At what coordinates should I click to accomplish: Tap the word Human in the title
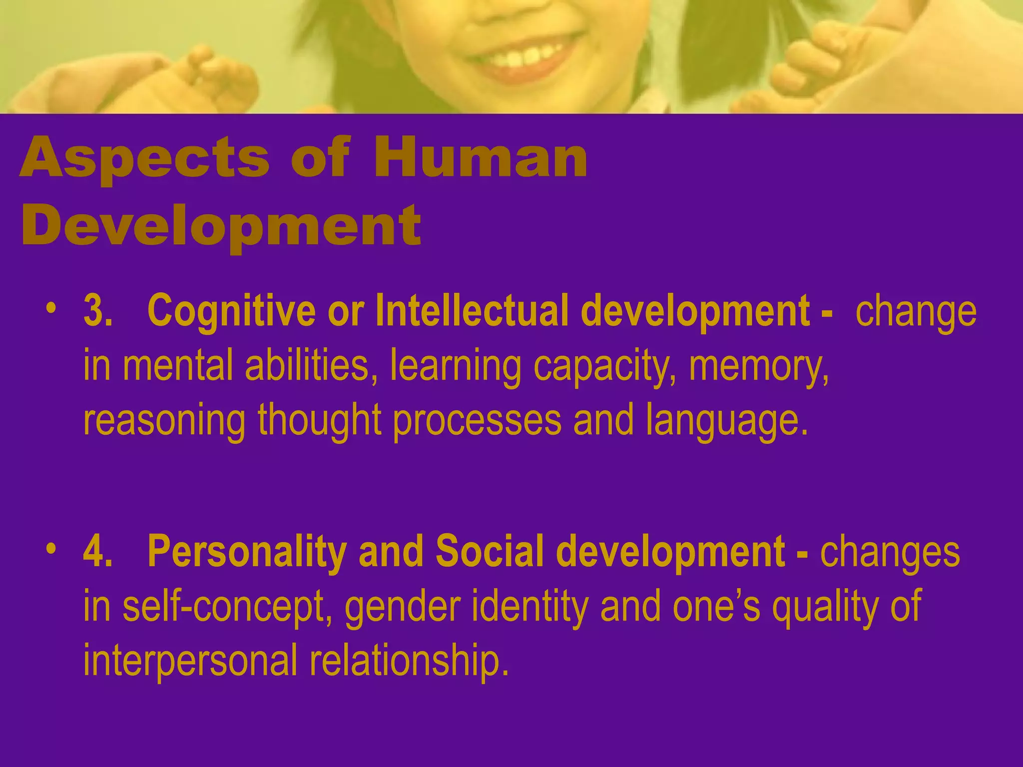(480, 158)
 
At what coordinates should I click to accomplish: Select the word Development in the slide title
(221, 226)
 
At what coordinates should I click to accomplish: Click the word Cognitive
(231, 311)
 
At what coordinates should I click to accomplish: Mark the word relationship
(409, 660)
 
